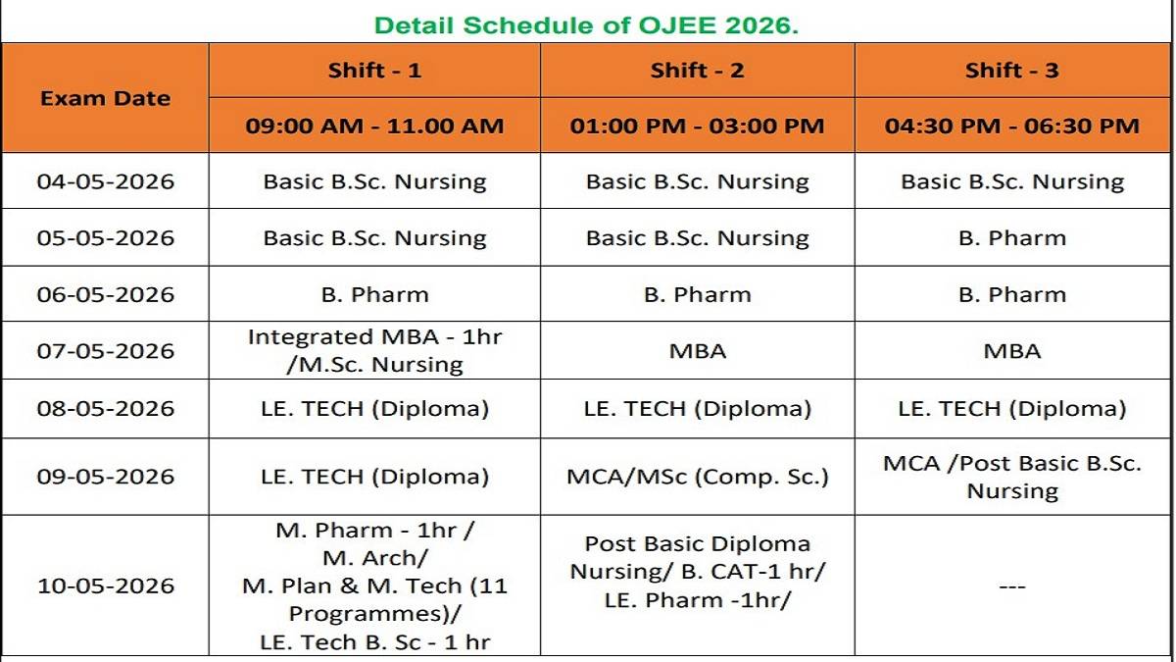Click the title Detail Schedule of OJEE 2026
(587, 25)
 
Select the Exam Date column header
(105, 98)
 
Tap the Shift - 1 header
(374, 71)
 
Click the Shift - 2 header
(697, 71)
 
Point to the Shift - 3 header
(1012, 71)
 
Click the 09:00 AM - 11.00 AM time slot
(374, 126)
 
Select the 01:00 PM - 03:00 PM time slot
(697, 126)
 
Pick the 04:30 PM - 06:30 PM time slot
(1012, 126)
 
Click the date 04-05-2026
(105, 181)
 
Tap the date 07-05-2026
(105, 351)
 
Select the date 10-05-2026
(105, 586)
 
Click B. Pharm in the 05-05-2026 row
(1012, 238)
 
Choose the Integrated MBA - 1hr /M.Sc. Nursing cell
(374, 351)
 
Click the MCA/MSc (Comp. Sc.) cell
(697, 478)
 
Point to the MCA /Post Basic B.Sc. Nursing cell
(1012, 477)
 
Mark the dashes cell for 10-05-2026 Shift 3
(1012, 586)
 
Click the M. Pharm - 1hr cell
(374, 586)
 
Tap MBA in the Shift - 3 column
(1012, 351)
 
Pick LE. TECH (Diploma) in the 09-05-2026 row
(374, 478)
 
